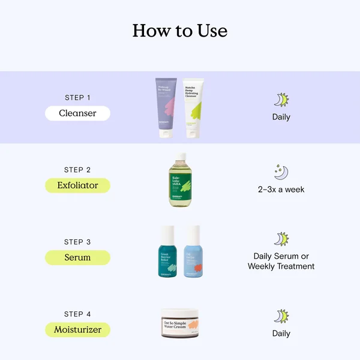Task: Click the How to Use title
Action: (x=180, y=31)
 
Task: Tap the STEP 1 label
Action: (x=77, y=97)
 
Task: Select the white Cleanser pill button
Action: (x=77, y=113)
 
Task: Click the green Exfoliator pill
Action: (x=77, y=185)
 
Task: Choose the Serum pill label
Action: (x=77, y=257)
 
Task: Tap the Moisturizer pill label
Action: (x=77, y=329)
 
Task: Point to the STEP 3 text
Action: (x=77, y=242)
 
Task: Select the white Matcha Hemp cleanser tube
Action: (x=193, y=108)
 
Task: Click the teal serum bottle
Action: (x=168, y=252)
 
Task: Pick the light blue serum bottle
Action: (x=193, y=252)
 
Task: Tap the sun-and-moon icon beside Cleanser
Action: (x=281, y=100)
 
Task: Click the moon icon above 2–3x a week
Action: (x=281, y=172)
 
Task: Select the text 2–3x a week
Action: (x=281, y=190)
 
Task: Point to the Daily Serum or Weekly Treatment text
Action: (x=281, y=261)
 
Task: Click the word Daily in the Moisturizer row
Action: (x=281, y=334)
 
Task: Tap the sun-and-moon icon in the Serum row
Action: (x=281, y=239)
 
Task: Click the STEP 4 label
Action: (x=77, y=314)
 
